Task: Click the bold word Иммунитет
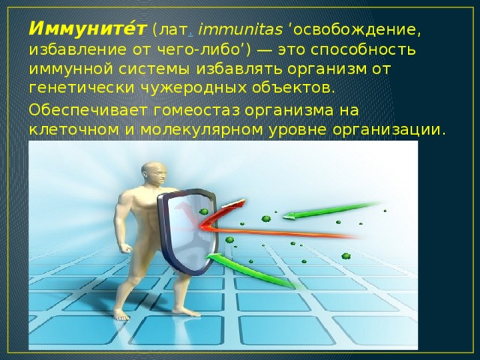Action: click(x=88, y=29)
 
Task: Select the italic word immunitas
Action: click(x=241, y=30)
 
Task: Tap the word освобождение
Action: click(x=355, y=31)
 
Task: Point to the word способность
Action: click(x=363, y=50)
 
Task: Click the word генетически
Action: click(x=82, y=88)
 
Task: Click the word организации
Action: click(x=388, y=130)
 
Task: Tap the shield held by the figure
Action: click(x=187, y=232)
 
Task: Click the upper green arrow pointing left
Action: click(x=332, y=211)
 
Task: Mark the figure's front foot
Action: click(x=186, y=312)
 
